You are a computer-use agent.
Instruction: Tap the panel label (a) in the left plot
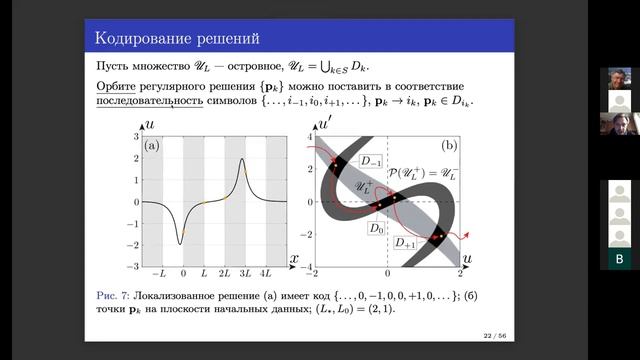coord(152,146)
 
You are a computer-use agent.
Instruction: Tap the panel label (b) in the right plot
coord(449,146)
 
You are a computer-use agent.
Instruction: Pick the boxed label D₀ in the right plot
coord(376,229)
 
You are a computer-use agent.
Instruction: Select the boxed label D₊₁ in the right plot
coord(406,242)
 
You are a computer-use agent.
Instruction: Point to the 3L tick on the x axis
coord(243,273)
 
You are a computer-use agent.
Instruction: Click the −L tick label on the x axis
coord(158,273)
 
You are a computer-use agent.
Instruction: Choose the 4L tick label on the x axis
coord(265,273)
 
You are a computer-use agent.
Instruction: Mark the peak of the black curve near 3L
coord(242,159)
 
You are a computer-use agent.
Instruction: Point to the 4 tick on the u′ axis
coord(310,135)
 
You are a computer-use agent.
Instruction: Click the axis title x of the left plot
coord(294,259)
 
